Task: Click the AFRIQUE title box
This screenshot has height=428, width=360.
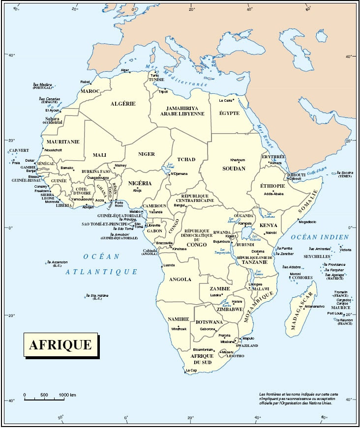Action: pyautogui.click(x=60, y=344)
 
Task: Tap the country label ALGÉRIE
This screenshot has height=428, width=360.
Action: pyautogui.click(x=123, y=104)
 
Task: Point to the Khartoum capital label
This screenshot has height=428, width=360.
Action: pyautogui.click(x=238, y=160)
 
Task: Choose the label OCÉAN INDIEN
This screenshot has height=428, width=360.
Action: pyautogui.click(x=319, y=237)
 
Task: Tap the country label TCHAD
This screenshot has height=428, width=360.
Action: pyautogui.click(x=186, y=159)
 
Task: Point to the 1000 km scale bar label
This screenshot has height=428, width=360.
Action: pyautogui.click(x=67, y=395)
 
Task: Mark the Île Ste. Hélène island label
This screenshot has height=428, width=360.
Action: pyautogui.click(x=97, y=297)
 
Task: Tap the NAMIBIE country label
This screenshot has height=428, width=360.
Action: pyautogui.click(x=179, y=319)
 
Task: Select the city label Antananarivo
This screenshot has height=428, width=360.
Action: pyautogui.click(x=315, y=306)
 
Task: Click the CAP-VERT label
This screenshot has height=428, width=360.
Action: pyautogui.click(x=19, y=150)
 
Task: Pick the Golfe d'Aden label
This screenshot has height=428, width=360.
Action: pyautogui.click(x=317, y=171)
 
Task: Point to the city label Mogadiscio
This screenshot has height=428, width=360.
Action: pyautogui.click(x=307, y=222)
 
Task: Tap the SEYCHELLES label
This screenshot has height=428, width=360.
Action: pyautogui.click(x=316, y=257)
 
